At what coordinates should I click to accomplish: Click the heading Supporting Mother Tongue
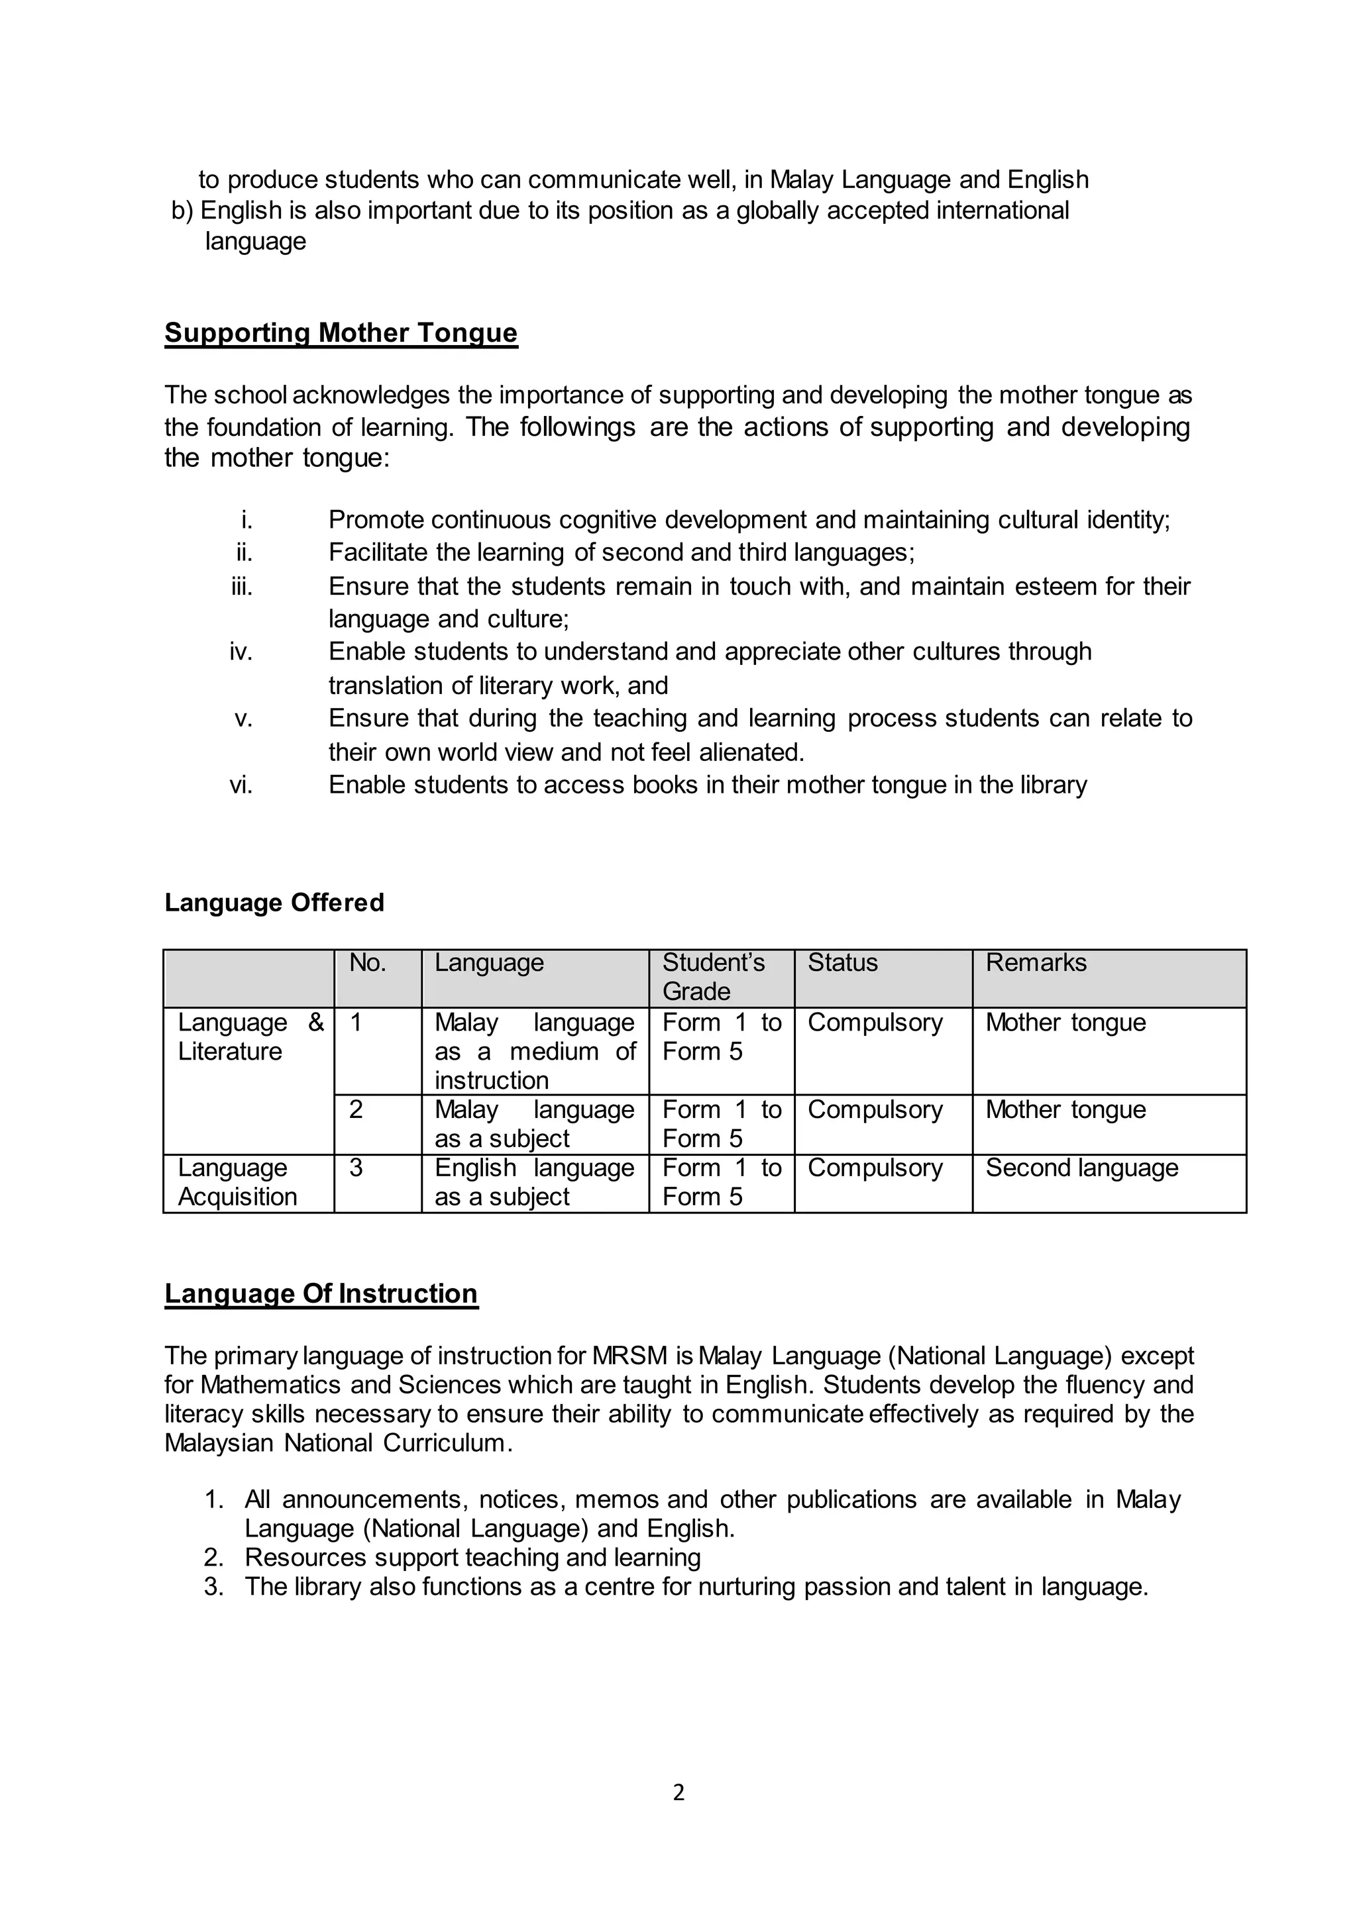341,332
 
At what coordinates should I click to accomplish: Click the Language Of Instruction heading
321,1293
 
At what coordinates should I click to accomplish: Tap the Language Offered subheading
274,903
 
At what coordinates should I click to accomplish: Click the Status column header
842,963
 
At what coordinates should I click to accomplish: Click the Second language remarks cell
1081,1168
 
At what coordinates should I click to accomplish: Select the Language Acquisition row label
237,1182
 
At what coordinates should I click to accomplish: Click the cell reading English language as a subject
534,1182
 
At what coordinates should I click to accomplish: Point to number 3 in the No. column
356,1168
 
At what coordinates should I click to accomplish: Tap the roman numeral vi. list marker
241,785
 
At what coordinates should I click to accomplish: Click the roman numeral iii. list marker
243,586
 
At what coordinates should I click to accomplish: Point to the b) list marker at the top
182,211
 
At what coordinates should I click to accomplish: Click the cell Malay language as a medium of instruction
534,1051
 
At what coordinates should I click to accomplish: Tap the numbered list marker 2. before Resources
214,1558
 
